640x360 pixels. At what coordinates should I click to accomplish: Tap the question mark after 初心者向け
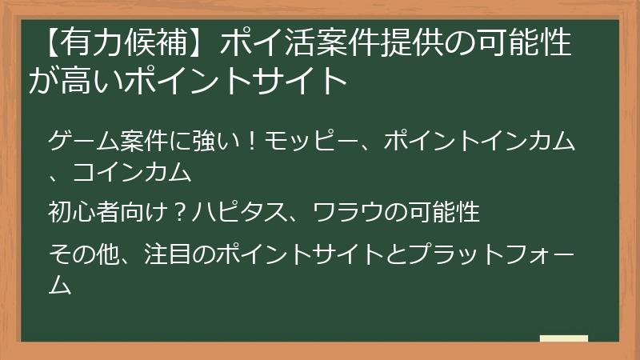[182, 212]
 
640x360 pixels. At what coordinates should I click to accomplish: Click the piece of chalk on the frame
[564, 339]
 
